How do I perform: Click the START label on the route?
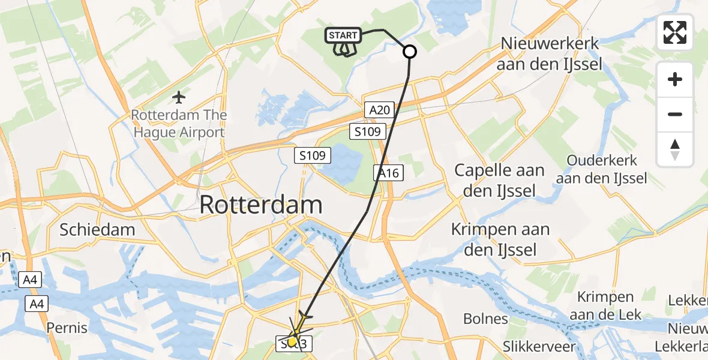coord(343,35)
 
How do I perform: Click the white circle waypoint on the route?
coord(410,52)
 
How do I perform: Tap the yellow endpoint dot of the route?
coord(292,342)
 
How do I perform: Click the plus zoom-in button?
coord(675,79)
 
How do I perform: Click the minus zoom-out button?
coord(675,114)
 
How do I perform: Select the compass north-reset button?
coord(675,149)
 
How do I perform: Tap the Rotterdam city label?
coord(260,205)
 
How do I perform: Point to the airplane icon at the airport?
coord(179,96)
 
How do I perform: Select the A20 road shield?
coord(380,109)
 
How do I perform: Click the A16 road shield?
coord(388,173)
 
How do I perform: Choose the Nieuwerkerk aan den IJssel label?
coord(549,53)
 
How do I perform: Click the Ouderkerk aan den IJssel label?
coord(601,170)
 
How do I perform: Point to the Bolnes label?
coord(485,319)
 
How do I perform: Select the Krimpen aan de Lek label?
coord(605,306)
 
